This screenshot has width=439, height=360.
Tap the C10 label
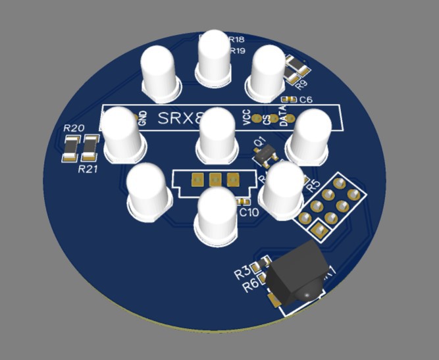249,213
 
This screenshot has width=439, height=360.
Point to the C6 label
305,101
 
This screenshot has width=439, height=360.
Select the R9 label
302,84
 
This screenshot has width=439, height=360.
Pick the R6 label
250,286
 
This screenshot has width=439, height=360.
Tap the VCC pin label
247,117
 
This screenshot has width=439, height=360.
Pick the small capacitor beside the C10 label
242,201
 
